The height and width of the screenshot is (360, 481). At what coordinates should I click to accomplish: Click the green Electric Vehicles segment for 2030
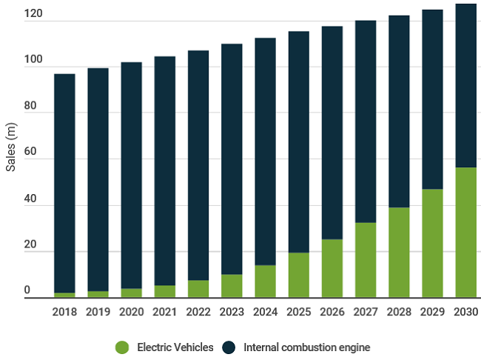click(x=465, y=233)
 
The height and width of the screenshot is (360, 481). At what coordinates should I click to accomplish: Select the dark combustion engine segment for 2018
click(x=64, y=183)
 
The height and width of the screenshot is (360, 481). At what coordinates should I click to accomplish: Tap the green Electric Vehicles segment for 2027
click(x=366, y=260)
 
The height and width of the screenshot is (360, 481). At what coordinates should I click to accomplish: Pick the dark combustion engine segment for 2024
click(x=265, y=151)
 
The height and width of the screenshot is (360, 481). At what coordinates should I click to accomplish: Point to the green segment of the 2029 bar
click(x=432, y=243)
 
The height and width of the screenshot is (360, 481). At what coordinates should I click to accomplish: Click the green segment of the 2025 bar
click(x=298, y=275)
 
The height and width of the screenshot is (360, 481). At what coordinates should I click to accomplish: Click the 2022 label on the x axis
click(x=198, y=311)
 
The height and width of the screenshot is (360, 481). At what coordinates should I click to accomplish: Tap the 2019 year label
click(x=98, y=311)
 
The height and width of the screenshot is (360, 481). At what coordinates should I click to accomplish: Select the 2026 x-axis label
click(x=332, y=311)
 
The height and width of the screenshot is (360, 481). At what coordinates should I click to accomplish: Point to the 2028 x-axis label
click(x=399, y=311)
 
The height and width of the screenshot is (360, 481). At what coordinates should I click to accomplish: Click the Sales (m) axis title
click(x=11, y=147)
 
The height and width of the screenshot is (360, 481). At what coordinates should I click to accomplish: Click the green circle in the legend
click(x=122, y=347)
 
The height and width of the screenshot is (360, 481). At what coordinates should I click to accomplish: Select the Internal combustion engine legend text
click(x=306, y=347)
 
